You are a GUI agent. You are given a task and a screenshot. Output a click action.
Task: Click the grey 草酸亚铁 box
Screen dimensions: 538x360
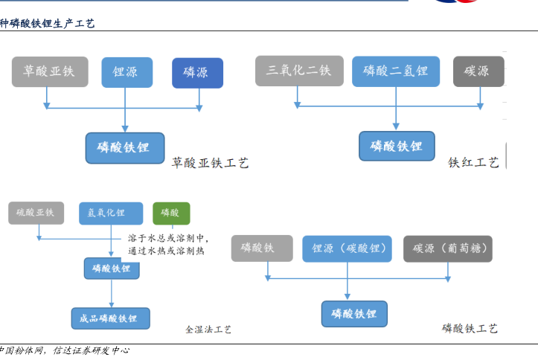[x=50, y=71]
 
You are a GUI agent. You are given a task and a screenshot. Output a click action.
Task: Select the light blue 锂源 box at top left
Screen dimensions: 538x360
[x=127, y=72]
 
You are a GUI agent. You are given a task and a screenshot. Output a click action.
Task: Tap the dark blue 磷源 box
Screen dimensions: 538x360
[x=198, y=73]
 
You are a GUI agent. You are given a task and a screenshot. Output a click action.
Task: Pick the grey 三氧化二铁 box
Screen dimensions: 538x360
[x=299, y=71]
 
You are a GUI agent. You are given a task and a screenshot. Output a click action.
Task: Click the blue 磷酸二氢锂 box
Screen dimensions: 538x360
[x=396, y=71]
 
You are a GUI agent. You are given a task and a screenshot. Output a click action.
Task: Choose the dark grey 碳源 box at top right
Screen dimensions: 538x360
[x=478, y=71]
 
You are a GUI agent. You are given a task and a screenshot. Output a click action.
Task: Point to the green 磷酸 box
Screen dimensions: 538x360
[x=171, y=213]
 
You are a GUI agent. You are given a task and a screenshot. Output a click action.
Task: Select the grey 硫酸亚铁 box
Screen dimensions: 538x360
[x=36, y=213]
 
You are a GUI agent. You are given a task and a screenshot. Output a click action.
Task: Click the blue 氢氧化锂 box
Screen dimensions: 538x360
[x=111, y=213]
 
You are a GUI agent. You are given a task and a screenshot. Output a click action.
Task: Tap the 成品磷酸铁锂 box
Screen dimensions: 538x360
[x=110, y=318]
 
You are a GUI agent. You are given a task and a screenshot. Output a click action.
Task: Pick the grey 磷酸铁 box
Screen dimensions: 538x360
[x=262, y=248]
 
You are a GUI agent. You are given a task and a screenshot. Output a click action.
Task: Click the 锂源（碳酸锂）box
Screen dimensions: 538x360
[x=347, y=248]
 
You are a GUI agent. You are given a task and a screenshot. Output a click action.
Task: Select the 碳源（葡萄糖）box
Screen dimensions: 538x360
[x=448, y=248]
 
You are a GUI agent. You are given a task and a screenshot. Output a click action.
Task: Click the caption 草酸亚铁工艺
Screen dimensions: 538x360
[x=210, y=163]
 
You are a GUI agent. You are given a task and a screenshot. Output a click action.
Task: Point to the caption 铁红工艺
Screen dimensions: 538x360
[x=473, y=162]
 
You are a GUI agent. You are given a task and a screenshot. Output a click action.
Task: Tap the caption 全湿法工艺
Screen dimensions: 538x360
[x=208, y=330]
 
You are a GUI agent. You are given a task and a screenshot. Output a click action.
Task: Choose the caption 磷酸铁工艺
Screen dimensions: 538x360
[x=470, y=329]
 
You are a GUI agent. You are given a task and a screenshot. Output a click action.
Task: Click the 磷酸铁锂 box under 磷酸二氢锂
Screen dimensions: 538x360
[x=397, y=146]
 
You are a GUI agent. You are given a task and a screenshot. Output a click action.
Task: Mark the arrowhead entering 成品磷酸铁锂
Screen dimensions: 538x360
[x=111, y=305]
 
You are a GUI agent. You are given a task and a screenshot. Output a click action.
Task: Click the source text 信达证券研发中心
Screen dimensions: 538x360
[x=92, y=350]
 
